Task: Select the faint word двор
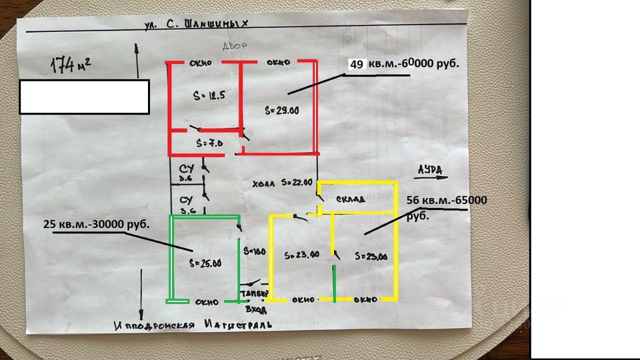(235, 46)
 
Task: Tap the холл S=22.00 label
(282, 183)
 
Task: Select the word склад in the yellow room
(350, 198)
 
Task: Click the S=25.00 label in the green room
(205, 263)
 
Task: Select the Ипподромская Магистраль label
(193, 325)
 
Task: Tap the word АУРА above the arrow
(430, 170)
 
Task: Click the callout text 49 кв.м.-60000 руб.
(404, 64)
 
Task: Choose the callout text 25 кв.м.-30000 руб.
(96, 224)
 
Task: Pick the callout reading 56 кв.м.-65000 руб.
(446, 207)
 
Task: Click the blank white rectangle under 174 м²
(84, 96)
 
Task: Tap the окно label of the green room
(206, 301)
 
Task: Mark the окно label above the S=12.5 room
(200, 63)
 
